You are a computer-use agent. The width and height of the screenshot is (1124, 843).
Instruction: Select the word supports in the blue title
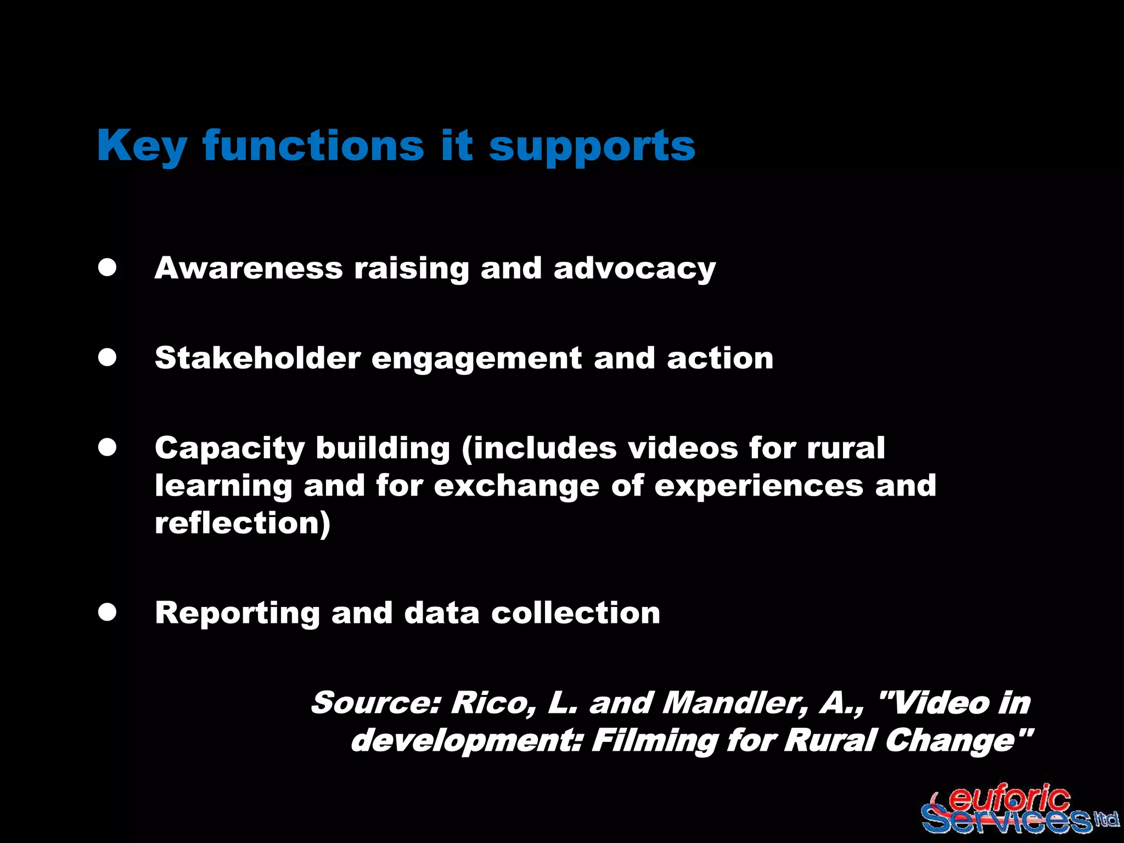pyautogui.click(x=592, y=147)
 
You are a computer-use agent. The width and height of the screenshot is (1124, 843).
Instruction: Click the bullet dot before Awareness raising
pyautogui.click(x=108, y=268)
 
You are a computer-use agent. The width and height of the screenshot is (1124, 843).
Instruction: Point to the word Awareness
pyautogui.click(x=249, y=268)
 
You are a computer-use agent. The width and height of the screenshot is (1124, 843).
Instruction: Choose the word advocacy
pyautogui.click(x=634, y=269)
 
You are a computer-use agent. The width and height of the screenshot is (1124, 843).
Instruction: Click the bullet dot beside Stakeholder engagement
pyautogui.click(x=108, y=358)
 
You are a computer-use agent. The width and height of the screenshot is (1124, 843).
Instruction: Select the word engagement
pyautogui.click(x=477, y=359)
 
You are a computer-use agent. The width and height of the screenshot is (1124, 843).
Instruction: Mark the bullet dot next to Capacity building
pyautogui.click(x=108, y=447)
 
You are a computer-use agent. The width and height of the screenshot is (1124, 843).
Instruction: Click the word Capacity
pyautogui.click(x=229, y=449)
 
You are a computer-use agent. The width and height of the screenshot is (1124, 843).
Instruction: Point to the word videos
pyautogui.click(x=683, y=448)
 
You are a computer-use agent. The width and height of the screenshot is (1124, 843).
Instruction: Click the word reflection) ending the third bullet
pyautogui.click(x=243, y=523)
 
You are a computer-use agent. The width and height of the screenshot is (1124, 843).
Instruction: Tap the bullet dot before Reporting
pyautogui.click(x=108, y=612)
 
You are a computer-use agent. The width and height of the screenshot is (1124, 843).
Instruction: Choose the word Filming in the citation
pyautogui.click(x=654, y=740)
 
